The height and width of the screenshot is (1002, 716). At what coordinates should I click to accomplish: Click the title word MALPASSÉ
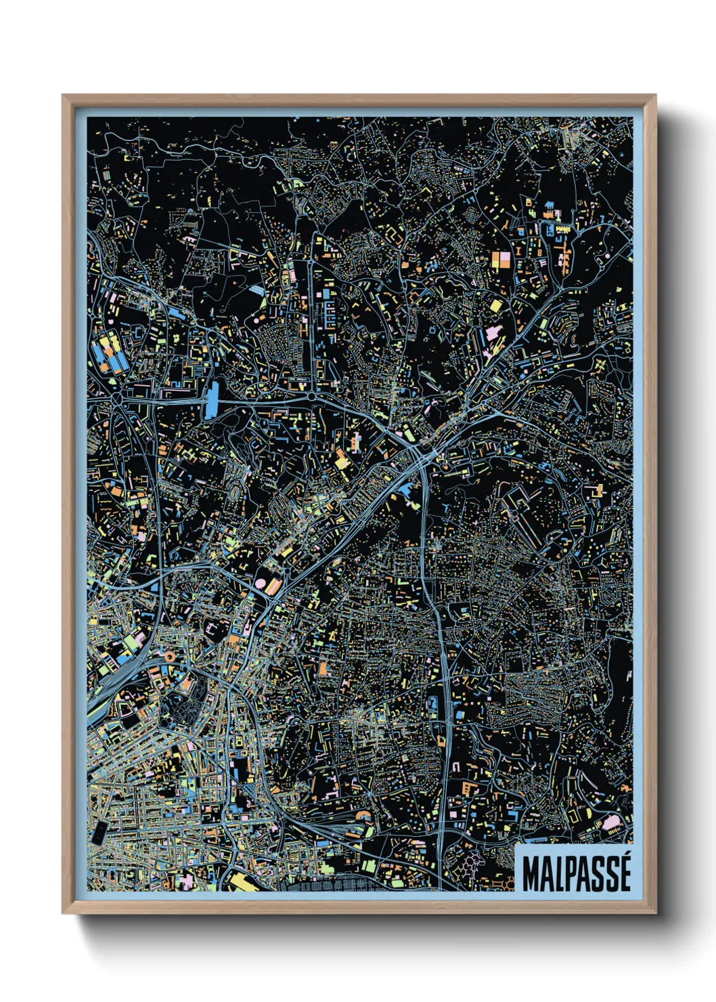click(x=576, y=873)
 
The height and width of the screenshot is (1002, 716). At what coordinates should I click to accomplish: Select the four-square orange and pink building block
click(x=502, y=261)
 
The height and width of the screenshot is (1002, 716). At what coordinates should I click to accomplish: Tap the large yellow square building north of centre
click(x=496, y=306)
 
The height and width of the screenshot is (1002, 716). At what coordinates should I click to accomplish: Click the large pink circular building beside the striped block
click(x=261, y=583)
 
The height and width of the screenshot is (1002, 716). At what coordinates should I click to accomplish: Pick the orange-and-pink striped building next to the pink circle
click(x=273, y=586)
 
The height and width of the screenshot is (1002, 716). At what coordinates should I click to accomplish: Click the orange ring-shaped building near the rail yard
click(x=169, y=656)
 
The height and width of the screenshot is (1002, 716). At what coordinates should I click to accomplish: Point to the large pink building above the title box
click(x=611, y=824)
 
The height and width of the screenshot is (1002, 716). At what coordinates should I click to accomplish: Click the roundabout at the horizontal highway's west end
click(x=119, y=399)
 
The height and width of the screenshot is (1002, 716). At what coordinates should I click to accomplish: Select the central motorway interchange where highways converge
click(x=414, y=450)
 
